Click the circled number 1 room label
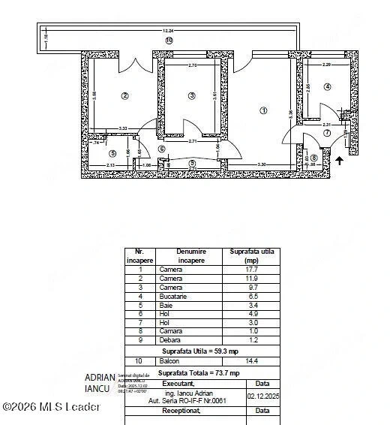(263, 110)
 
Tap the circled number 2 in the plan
(125, 95)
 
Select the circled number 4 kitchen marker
(327, 86)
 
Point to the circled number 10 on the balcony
(169, 40)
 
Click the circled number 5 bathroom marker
(112, 154)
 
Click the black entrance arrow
(340, 159)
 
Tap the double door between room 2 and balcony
(137, 65)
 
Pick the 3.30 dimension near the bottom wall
(262, 164)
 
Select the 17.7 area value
(251, 269)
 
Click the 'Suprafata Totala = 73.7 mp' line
(199, 372)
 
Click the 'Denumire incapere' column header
(191, 255)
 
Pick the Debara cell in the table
(169, 341)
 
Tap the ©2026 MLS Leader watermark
(51, 407)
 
